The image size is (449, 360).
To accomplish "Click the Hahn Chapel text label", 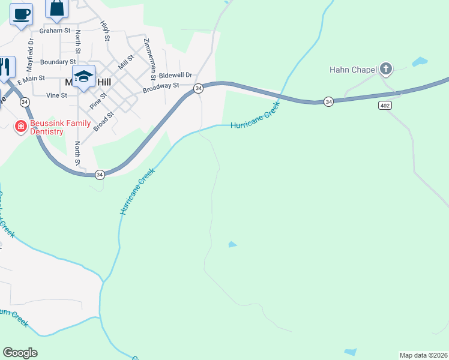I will (x=353, y=70).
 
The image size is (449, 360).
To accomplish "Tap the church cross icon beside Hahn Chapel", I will (x=385, y=70).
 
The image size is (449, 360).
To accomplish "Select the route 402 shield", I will (x=385, y=105).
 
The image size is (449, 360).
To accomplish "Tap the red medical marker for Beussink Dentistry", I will (x=20, y=126).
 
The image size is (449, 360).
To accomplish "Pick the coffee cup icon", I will (x=21, y=14).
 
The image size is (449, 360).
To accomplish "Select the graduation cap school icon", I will (x=84, y=76).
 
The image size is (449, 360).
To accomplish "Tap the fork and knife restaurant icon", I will (x=5, y=67).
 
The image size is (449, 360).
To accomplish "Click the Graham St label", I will (x=55, y=31).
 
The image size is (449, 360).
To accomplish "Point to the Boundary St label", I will (x=58, y=62).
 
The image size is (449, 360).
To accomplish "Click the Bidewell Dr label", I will (x=175, y=76).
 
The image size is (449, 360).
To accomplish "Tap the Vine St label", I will (x=56, y=95).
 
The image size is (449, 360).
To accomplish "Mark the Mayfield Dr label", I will (x=30, y=54).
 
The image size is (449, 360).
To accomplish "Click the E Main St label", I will (x=31, y=79).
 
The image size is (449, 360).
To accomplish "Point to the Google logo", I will (x=20, y=353).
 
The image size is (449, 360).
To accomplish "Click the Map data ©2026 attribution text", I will (x=423, y=355).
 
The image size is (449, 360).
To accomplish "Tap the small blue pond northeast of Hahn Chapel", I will (x=420, y=61).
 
